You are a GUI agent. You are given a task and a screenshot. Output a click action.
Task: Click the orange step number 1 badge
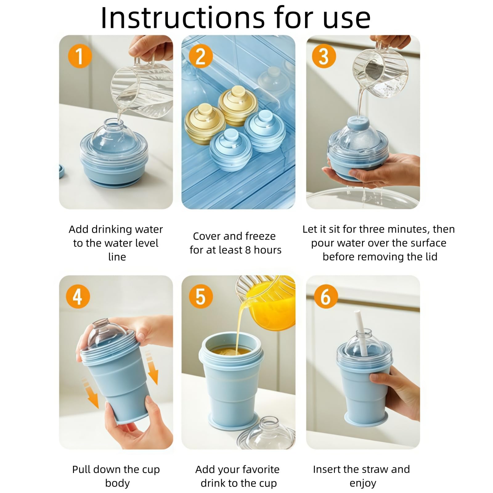pyautogui.click(x=80, y=56)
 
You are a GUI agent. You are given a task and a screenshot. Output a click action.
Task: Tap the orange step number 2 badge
pyautogui.click(x=201, y=56)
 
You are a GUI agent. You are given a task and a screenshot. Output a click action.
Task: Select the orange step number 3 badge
pyautogui.click(x=324, y=56)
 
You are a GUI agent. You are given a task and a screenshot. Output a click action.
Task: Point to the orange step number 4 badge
pyautogui.click(x=78, y=296)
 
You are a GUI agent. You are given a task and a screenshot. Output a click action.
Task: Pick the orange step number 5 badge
pyautogui.click(x=201, y=296)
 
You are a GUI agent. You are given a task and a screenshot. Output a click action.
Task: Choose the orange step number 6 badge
pyautogui.click(x=326, y=296)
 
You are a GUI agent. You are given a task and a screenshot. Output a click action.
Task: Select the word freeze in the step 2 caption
pyautogui.click(x=260, y=236)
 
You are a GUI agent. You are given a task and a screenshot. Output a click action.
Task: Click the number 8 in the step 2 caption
pyautogui.click(x=248, y=250)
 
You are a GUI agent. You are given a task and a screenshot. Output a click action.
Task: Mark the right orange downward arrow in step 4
pyautogui.click(x=152, y=368)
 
